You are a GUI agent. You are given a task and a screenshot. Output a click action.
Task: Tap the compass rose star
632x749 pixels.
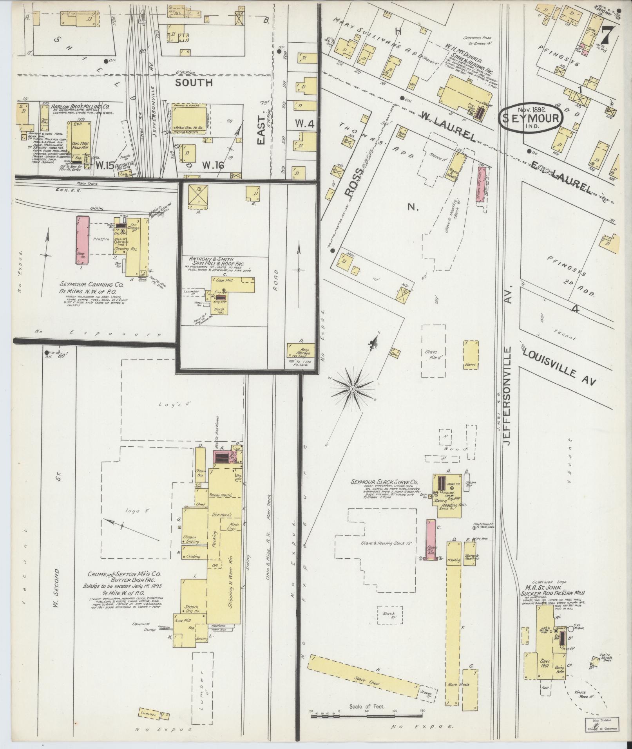tap(352, 389)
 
